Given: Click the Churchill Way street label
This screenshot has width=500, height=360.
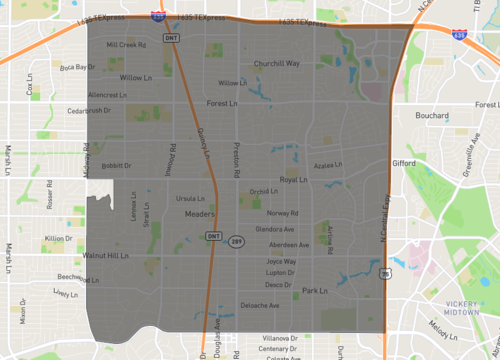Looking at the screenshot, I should point(276,63).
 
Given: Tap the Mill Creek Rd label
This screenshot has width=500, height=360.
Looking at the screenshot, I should point(125,45).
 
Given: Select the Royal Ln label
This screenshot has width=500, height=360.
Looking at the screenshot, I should point(294,180).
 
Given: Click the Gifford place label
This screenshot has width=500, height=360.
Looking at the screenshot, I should point(404,162).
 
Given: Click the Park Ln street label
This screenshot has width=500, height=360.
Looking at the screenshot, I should point(314,290).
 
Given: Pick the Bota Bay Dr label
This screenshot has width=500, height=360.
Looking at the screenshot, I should point(76,67).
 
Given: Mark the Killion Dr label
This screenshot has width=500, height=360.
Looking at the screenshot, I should point(59,238).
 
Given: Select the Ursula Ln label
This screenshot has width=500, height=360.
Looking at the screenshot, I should point(189,198).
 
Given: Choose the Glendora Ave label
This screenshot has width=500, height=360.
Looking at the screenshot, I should point(275,229).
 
